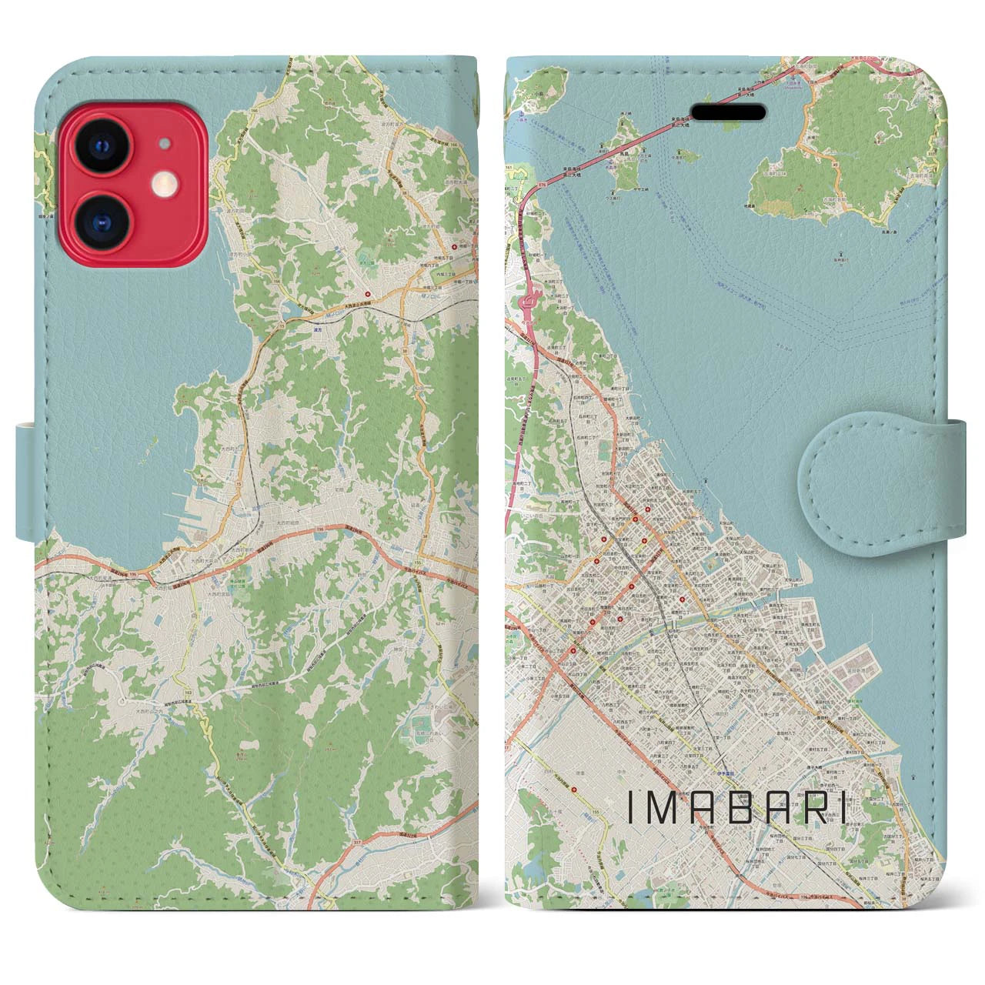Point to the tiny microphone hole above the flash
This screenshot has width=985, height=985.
click(x=162, y=144)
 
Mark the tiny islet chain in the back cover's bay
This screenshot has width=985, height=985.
click(x=145, y=457)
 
